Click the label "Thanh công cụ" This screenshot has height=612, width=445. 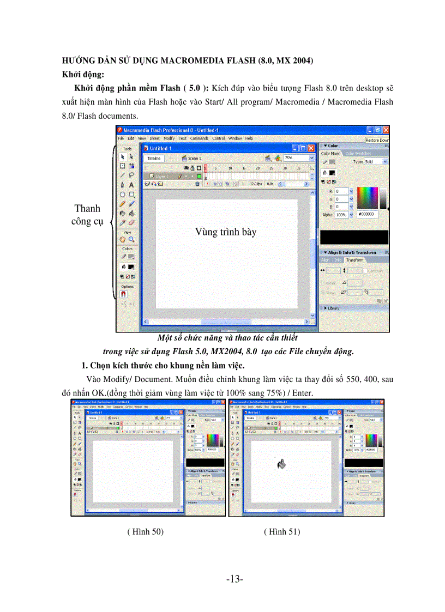[x=88, y=215]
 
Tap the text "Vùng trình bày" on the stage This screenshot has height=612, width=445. [x=225, y=232]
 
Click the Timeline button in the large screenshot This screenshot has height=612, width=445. [x=154, y=158]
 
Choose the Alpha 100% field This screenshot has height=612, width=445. [x=341, y=215]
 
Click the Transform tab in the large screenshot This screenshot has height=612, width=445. [x=354, y=260]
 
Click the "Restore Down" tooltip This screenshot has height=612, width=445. [x=377, y=140]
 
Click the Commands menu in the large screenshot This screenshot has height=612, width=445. [x=199, y=138]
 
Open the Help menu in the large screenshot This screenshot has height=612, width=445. [x=249, y=138]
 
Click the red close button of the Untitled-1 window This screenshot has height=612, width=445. [x=311, y=148]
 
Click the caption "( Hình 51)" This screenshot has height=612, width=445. [x=281, y=531]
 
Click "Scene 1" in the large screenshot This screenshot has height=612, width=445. [x=194, y=158]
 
